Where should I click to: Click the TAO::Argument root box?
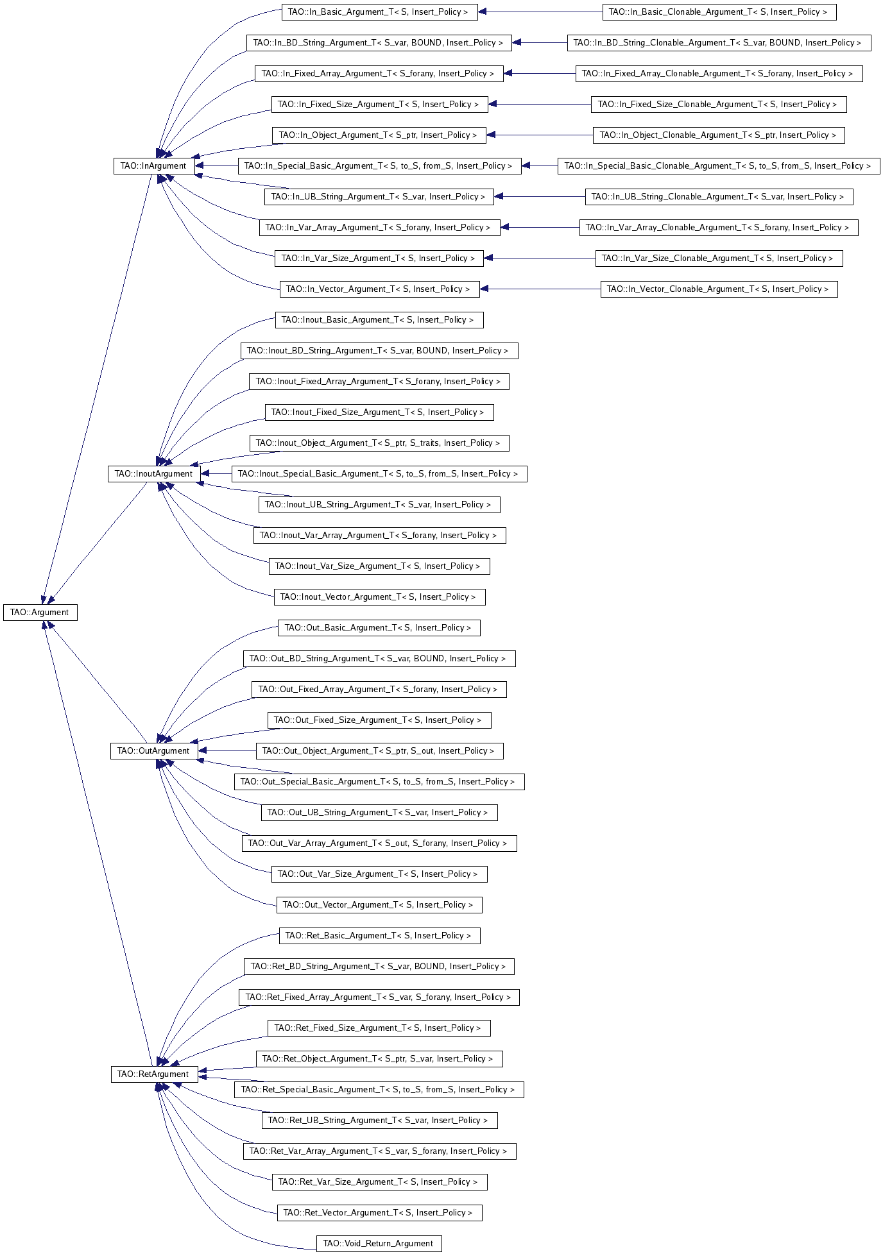40,613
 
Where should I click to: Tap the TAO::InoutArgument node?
153,474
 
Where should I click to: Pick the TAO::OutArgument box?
153,751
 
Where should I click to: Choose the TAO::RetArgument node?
153,1074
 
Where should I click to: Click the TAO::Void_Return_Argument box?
379,1244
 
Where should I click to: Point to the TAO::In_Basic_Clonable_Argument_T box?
719,12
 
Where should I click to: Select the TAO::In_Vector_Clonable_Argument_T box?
719,289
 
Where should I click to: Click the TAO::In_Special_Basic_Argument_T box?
379,166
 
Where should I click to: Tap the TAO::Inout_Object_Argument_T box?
379,443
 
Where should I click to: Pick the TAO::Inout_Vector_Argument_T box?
379,597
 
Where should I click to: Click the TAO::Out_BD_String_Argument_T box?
379,659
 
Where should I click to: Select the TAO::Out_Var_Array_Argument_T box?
379,843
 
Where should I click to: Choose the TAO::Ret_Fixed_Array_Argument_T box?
379,997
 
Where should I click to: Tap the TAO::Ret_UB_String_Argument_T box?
379,1121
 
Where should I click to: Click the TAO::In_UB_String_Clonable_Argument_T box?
719,197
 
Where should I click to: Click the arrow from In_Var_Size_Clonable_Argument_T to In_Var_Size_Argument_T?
539,258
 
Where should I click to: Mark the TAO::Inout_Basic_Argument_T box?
379,320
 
